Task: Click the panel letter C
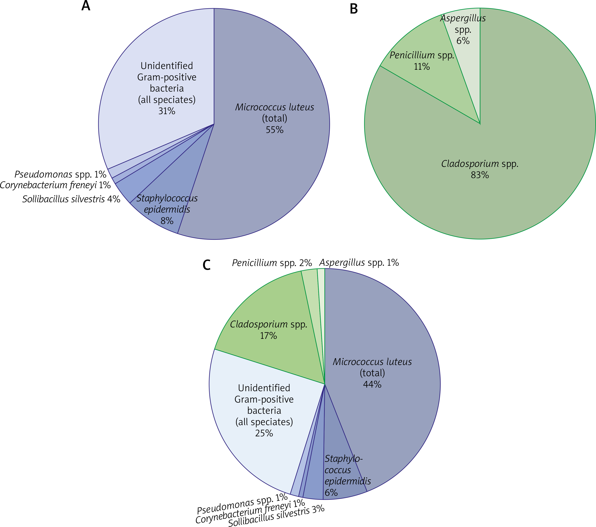tap(206, 265)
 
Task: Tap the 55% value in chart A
tap(274, 130)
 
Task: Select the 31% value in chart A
tap(167, 111)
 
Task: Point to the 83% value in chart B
tap(480, 175)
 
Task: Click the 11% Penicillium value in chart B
tap(422, 67)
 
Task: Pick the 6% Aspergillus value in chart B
tap(463, 41)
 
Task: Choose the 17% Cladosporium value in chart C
tap(268, 336)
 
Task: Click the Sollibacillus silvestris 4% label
tap(71, 199)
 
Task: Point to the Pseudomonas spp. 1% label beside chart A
tap(60, 174)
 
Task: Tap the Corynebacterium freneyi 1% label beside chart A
tap(55, 185)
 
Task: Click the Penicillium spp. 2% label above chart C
tap(272, 263)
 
